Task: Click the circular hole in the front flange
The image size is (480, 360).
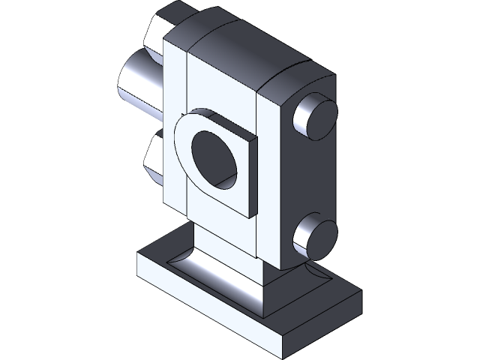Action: (213, 157)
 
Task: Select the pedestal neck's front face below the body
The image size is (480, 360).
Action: (225, 251)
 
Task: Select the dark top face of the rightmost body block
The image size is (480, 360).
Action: (296, 82)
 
